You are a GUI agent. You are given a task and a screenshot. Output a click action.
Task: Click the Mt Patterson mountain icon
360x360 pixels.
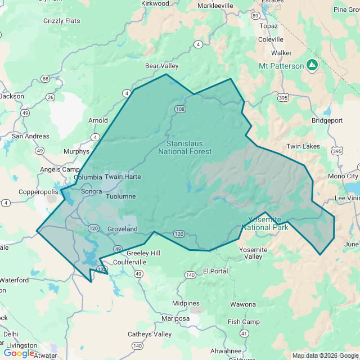pyautogui.click(x=312, y=65)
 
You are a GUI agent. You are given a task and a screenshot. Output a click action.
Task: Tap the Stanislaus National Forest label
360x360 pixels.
pyautogui.click(x=185, y=147)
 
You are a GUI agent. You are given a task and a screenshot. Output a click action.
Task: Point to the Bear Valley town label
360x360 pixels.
pyautogui.click(x=162, y=66)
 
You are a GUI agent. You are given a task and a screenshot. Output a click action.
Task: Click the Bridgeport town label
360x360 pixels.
pyautogui.click(x=327, y=120)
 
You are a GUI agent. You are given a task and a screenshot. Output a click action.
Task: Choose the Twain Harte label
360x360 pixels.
pyautogui.click(x=123, y=177)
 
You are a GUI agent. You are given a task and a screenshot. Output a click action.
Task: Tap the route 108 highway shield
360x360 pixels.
pyautogui.click(x=179, y=109)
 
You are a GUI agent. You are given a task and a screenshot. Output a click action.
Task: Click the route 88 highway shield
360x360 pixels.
pyautogui.click(x=45, y=79)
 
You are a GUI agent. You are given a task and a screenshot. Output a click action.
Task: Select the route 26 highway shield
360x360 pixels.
pyautogui.click(x=51, y=97)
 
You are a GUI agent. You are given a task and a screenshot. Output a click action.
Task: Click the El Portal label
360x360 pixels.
pyautogui.click(x=215, y=271)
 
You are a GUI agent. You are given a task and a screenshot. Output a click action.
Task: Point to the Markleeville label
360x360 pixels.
pyautogui.click(x=215, y=6)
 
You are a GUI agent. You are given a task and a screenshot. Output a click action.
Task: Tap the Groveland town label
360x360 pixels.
pyautogui.click(x=122, y=229)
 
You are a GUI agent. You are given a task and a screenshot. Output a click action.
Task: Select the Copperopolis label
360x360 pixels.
pyautogui.click(x=38, y=192)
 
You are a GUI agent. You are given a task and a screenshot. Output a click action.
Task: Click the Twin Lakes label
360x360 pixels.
pyautogui.click(x=303, y=146)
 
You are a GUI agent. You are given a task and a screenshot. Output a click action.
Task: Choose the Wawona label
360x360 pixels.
pyautogui.click(x=242, y=304)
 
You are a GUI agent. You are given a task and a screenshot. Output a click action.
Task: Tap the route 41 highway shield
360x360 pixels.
pyautogui.click(x=244, y=333)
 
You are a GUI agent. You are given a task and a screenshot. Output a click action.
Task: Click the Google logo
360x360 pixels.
pyautogui.click(x=19, y=353)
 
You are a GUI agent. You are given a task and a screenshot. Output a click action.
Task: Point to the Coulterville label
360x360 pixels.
pyautogui.click(x=130, y=262)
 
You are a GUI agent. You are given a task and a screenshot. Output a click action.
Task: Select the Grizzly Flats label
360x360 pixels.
pyautogui.click(x=62, y=21)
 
